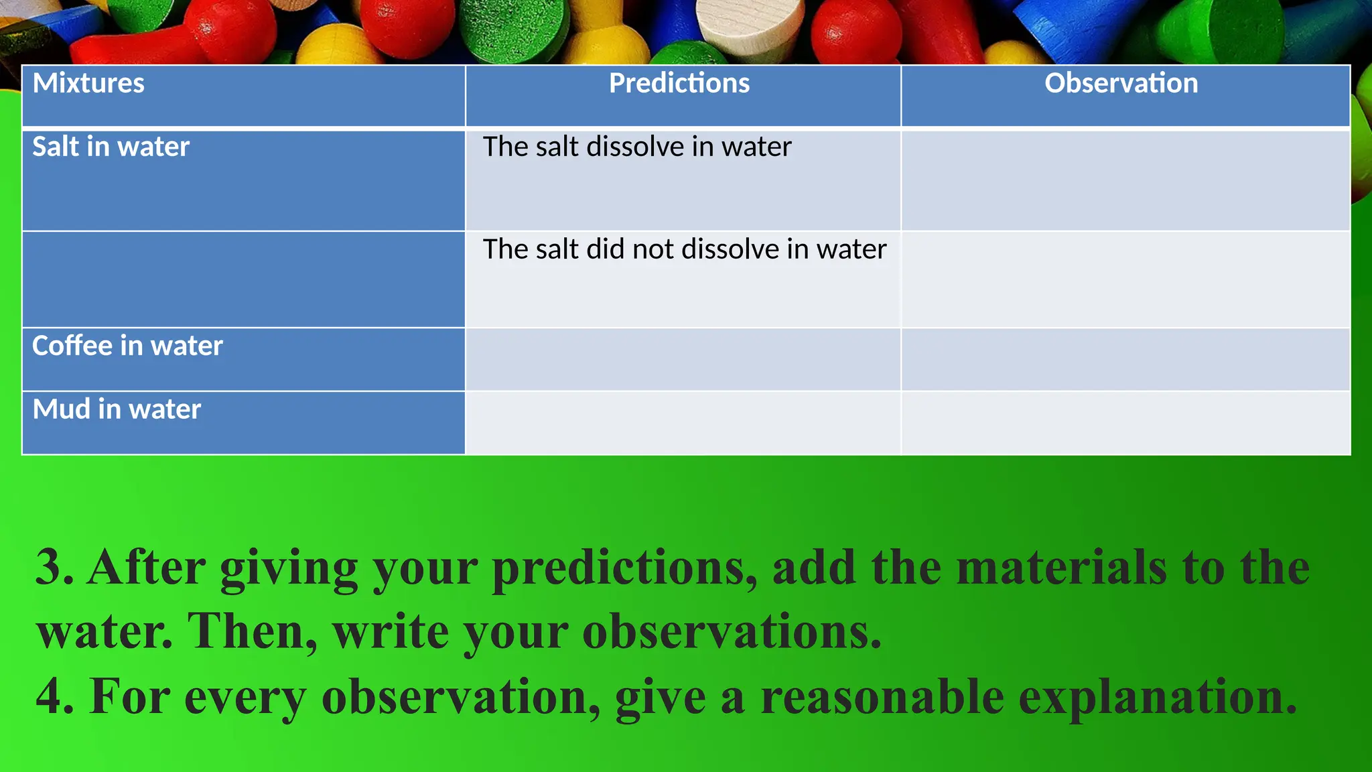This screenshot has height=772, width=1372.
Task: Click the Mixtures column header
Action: pyautogui.click(x=88, y=84)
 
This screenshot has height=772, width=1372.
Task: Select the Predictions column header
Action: pyautogui.click(x=679, y=84)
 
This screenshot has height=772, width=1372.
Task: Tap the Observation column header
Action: pyautogui.click(x=1121, y=84)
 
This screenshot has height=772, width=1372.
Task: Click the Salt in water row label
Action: pyautogui.click(x=111, y=147)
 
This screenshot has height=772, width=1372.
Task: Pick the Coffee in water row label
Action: pyautogui.click(x=127, y=346)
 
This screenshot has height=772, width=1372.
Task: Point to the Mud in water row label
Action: pyautogui.click(x=117, y=409)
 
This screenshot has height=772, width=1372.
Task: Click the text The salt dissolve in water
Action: pyautogui.click(x=636, y=147)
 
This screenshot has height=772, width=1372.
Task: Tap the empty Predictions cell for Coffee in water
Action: pyautogui.click(x=683, y=359)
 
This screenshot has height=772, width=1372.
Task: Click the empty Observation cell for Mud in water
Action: pyautogui.click(x=1125, y=423)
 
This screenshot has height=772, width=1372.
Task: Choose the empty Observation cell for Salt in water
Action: pyautogui.click(x=1125, y=180)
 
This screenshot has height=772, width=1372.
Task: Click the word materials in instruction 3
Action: pyautogui.click(x=1061, y=568)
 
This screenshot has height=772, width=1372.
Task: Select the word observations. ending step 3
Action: pyautogui.click(x=732, y=632)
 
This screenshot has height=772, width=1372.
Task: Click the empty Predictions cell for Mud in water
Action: pyautogui.click(x=683, y=423)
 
